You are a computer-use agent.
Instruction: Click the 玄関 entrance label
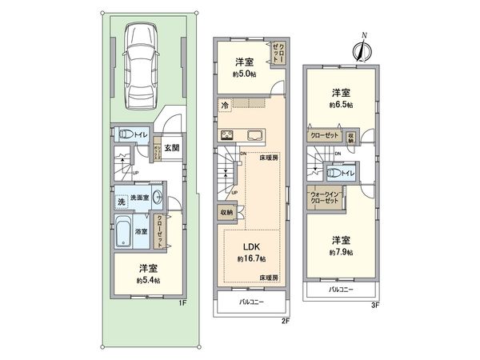pos(170,147)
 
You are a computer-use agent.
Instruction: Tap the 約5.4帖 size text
pos(148,281)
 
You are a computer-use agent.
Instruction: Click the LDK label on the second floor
pos(247,246)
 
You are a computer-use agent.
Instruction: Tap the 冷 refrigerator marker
pos(226,104)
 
